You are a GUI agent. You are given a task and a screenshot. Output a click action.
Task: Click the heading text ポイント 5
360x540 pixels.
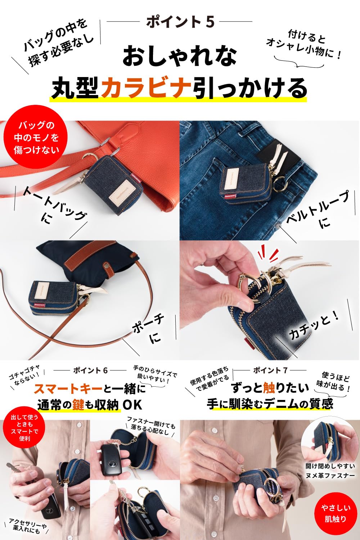coord(180,22)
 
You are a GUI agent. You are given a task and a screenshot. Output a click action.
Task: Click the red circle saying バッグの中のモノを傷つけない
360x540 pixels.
coord(36,138)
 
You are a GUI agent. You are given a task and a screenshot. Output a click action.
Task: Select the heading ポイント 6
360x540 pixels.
coord(90,370)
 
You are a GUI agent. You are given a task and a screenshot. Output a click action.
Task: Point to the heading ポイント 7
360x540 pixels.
coord(270,370)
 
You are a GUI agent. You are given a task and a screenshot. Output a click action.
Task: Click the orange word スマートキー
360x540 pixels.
coord(68,388)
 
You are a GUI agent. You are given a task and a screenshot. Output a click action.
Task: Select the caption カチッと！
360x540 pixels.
coord(314,325)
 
